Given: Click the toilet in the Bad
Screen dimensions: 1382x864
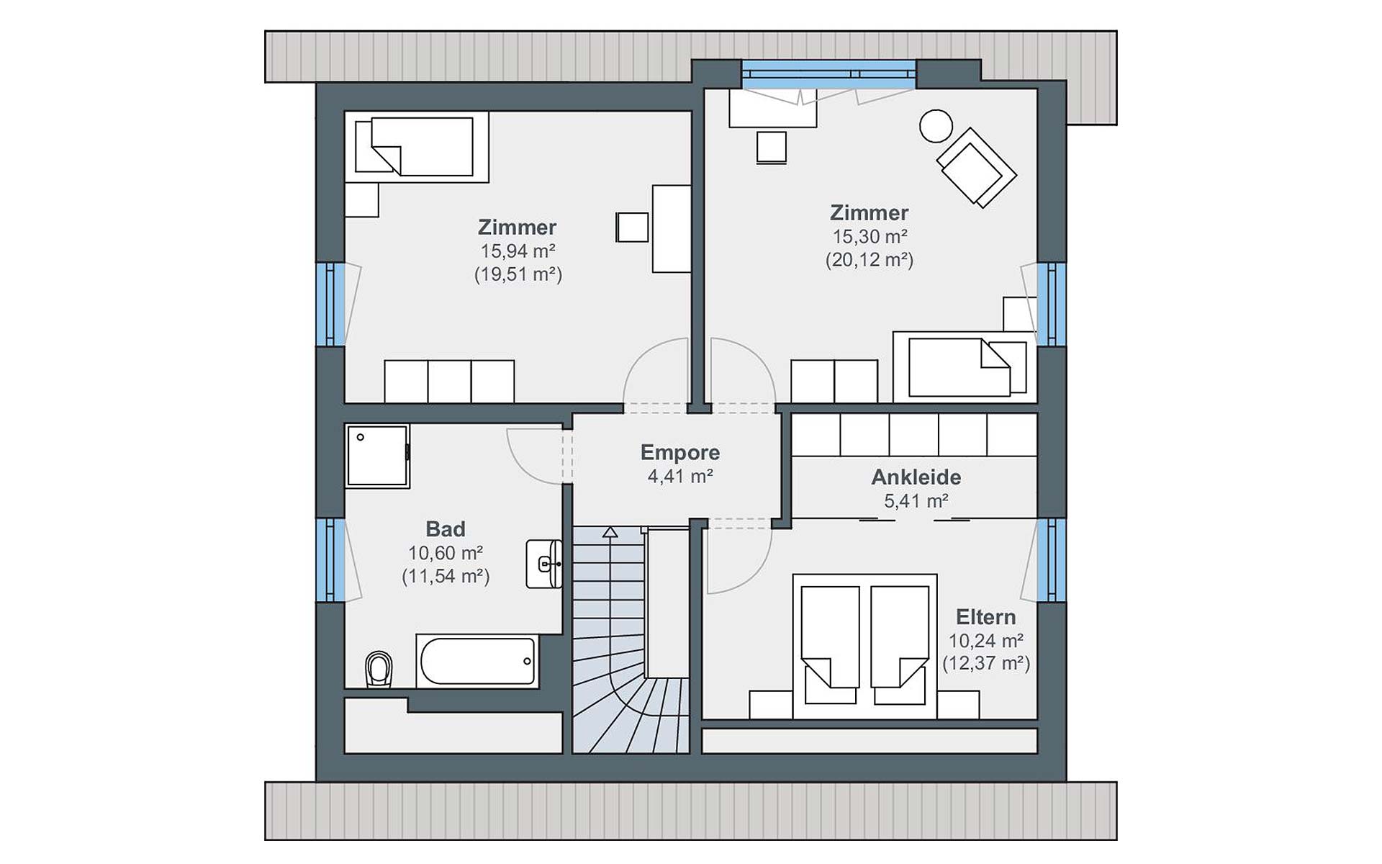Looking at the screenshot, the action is [379, 669].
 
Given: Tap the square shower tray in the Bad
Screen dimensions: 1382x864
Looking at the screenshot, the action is [377, 456].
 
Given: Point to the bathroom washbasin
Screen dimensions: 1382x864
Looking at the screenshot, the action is [545, 564].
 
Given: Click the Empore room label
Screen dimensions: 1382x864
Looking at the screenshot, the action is [680, 452].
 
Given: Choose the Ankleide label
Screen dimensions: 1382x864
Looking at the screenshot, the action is [916, 477].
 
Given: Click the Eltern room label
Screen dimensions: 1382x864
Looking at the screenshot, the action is [985, 617].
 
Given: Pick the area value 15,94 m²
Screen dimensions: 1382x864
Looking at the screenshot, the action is [518, 251].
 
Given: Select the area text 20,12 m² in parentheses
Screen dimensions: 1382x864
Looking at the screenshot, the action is [870, 260].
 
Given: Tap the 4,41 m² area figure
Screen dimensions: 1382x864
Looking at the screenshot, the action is [680, 476].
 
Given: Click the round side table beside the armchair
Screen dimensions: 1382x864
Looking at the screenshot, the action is [936, 126].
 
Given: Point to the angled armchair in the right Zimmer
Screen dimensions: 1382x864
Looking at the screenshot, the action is [976, 168].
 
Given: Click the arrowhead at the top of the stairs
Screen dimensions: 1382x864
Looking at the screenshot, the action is [610, 532].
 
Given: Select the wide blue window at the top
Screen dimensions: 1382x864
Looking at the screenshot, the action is [828, 74].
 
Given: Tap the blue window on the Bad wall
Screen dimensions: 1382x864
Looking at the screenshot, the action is [330, 559].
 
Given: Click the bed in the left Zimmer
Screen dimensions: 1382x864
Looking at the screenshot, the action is [416, 146].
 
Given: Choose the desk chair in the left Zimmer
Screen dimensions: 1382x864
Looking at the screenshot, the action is [632, 227].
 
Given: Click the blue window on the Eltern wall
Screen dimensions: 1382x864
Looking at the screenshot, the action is [1052, 559].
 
